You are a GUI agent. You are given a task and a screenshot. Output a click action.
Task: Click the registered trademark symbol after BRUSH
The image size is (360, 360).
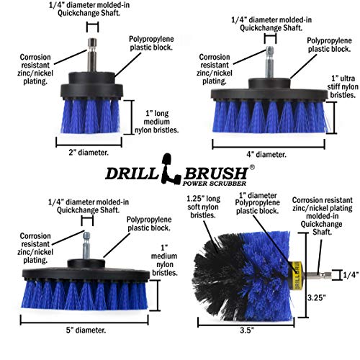(x=252, y=167)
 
